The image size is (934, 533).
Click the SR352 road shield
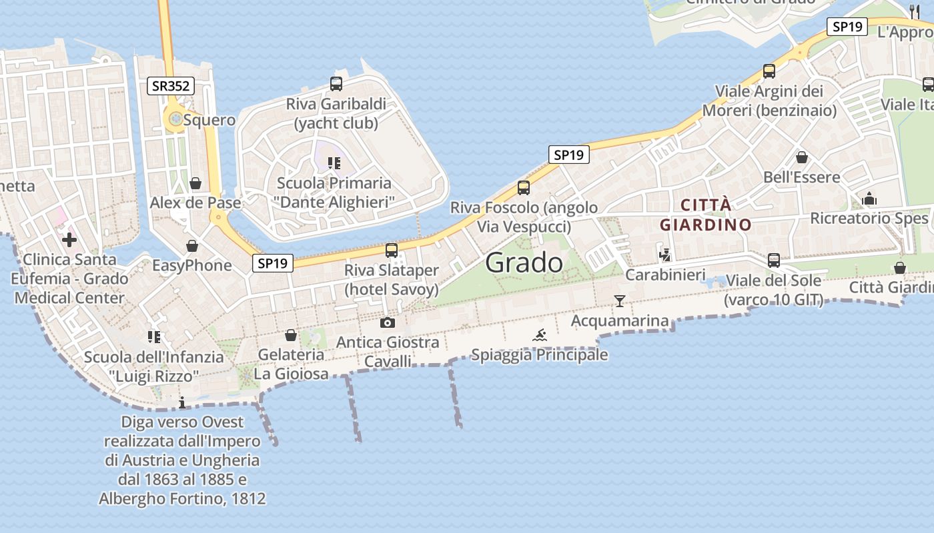point(171,86)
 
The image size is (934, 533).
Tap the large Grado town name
point(524,263)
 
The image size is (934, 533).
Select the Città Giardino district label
point(706,215)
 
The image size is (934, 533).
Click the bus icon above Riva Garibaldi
point(336,84)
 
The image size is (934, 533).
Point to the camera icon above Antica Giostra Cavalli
point(387,323)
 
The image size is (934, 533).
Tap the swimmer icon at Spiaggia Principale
point(540,334)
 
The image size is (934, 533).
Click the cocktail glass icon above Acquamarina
point(620,301)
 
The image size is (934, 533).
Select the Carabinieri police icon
point(664,255)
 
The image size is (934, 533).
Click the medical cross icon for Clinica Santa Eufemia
point(69,240)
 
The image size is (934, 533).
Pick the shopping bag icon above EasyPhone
point(192,247)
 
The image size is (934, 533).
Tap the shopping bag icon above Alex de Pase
point(195,183)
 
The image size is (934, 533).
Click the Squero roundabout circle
point(175,119)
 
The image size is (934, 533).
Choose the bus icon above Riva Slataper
point(392,251)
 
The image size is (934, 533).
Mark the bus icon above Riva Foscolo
point(524,188)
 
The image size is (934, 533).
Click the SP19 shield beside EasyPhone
point(274,263)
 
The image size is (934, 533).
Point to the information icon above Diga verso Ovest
point(182,402)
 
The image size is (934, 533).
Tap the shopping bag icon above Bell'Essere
point(802,158)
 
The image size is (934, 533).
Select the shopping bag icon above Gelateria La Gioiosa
point(291,335)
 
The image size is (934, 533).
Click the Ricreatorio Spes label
point(869,219)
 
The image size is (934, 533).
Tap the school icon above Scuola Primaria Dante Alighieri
point(334,163)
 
